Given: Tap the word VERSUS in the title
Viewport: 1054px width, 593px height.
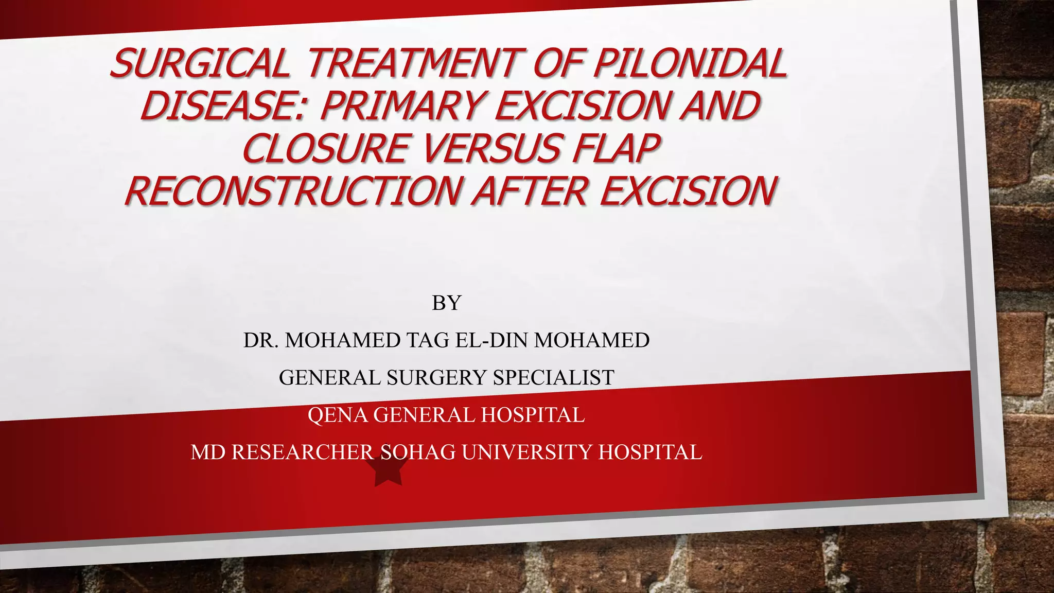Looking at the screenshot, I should click(x=501, y=149).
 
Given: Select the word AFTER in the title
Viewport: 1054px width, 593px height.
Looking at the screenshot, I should click(x=530, y=191).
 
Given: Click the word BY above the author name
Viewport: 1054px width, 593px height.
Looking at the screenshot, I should click(x=446, y=303).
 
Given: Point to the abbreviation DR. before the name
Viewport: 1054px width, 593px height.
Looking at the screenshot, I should click(x=261, y=340).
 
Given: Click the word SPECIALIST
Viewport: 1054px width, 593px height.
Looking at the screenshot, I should click(x=554, y=378).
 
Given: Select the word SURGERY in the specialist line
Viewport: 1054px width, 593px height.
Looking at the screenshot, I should click(x=436, y=378).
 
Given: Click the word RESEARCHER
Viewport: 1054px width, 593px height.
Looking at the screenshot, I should click(x=303, y=452).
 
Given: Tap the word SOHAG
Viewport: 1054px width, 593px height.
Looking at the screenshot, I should click(x=418, y=452).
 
